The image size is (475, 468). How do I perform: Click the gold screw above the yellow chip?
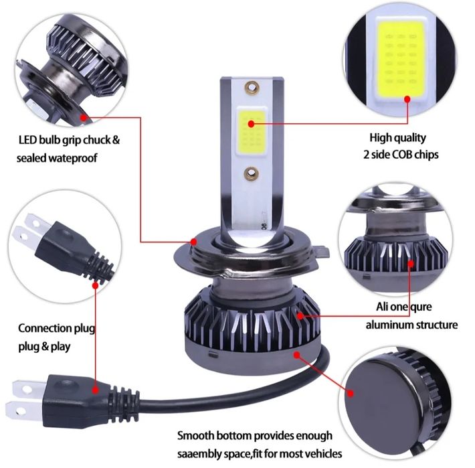[x=254, y=86]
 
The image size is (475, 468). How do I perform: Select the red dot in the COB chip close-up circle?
[x=407, y=99]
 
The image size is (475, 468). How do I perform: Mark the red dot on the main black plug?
[x=95, y=388]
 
